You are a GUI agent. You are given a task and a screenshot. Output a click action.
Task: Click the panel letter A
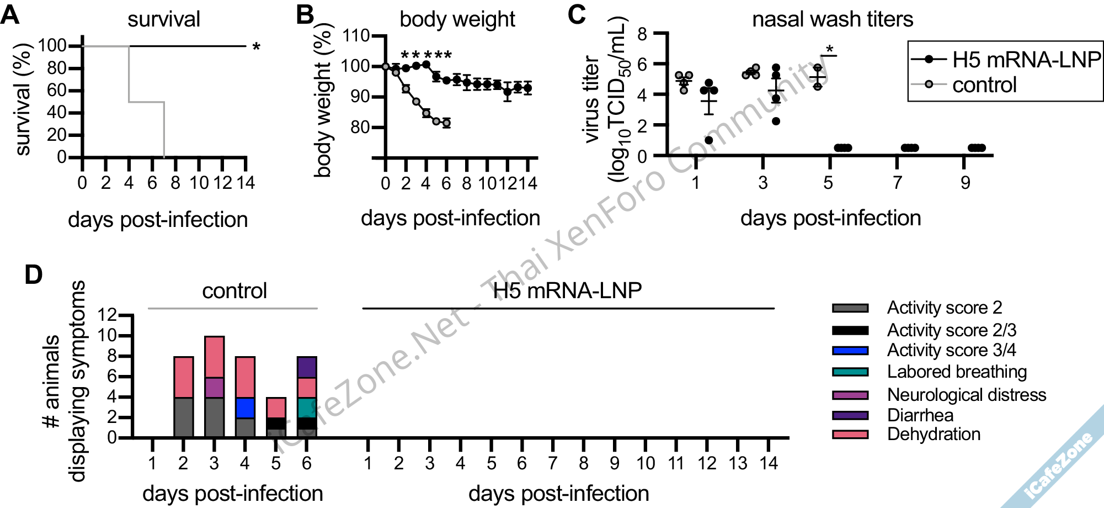tap(10, 15)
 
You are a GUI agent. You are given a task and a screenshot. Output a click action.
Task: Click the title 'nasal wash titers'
tap(832, 19)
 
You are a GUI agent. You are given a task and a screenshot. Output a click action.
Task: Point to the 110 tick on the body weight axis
tap(356, 36)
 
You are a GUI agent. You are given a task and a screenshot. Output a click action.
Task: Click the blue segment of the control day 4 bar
tap(245, 408)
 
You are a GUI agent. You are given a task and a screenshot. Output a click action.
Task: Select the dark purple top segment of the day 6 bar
tap(307, 367)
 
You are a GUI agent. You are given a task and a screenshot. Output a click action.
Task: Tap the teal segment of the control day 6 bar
tap(307, 408)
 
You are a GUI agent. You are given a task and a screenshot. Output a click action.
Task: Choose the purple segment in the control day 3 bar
tap(214, 387)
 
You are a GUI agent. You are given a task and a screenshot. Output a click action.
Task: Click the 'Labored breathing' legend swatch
tap(850, 372)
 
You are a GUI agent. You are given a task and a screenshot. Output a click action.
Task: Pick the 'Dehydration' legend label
tap(934, 434)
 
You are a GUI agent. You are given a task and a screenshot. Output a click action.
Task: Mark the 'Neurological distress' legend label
tap(966, 395)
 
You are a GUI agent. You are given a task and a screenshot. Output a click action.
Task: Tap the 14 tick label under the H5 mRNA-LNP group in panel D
tap(769, 463)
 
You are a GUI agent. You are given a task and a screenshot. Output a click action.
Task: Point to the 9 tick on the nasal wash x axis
tap(965, 182)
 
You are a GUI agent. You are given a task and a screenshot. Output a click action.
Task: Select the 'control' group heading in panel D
tap(234, 290)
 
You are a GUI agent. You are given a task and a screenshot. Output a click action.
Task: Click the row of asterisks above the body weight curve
tap(426, 55)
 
